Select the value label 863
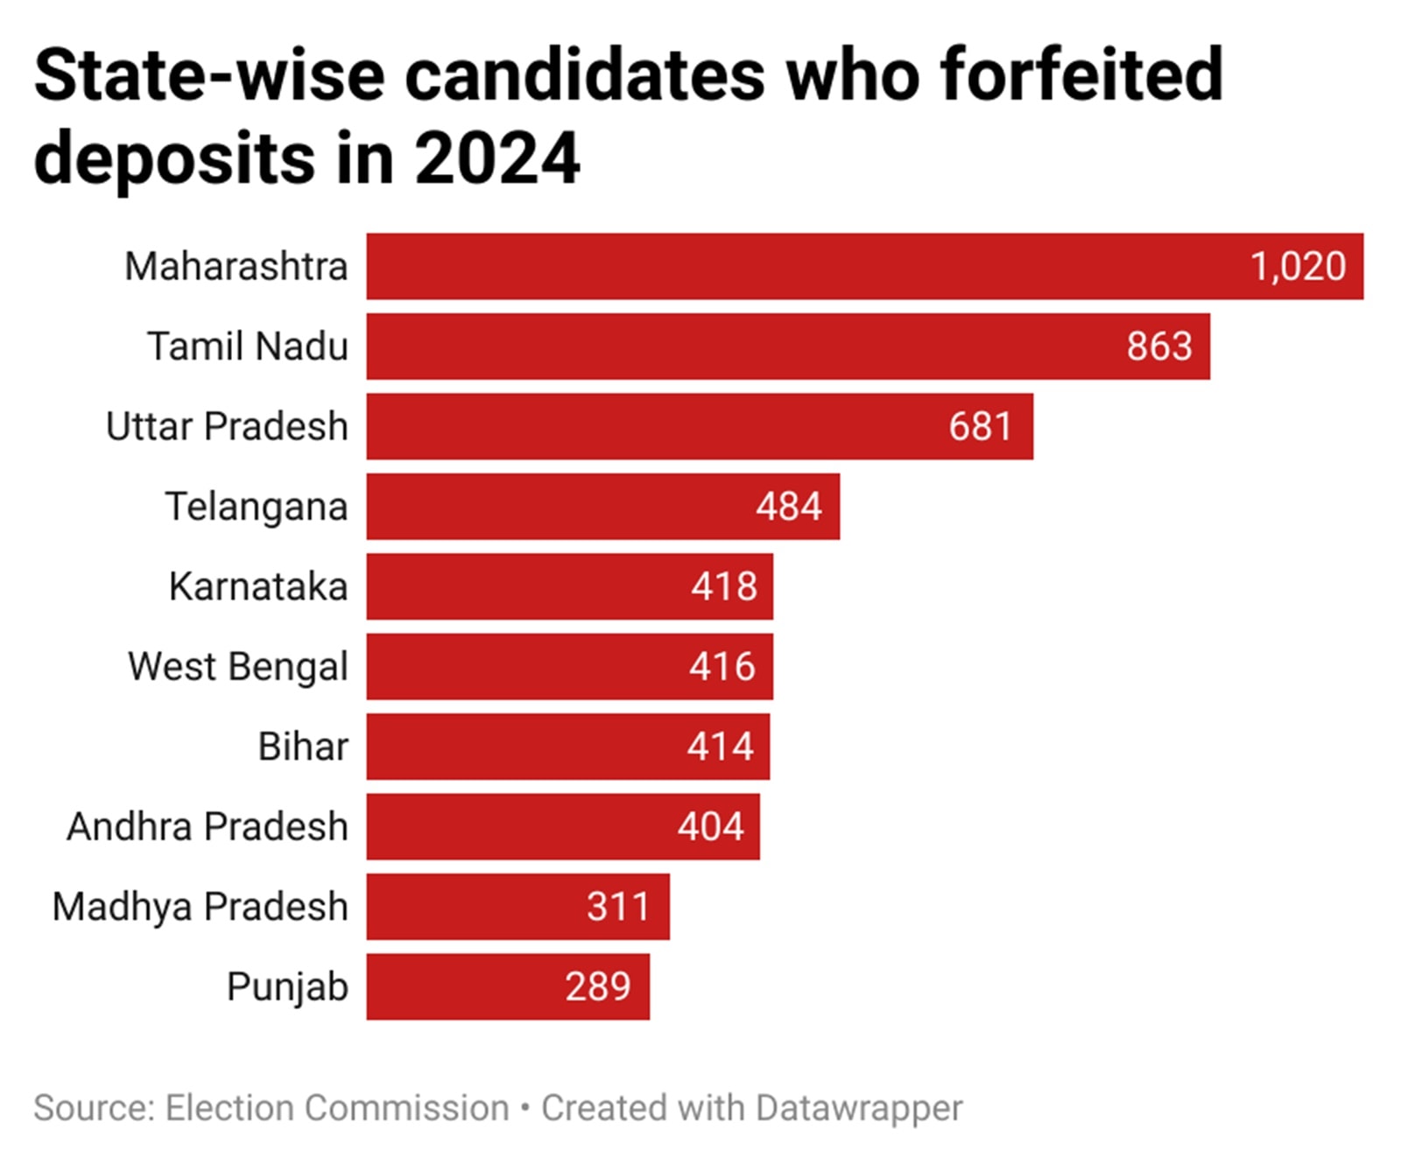pos(1158,347)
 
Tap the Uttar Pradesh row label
pos(227,427)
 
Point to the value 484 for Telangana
pos(788,507)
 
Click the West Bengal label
pos(237,667)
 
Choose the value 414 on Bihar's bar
pos(720,747)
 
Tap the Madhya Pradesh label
pos(200,907)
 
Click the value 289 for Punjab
pos(597,987)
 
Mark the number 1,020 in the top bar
pos(1297,267)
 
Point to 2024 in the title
pos(496,159)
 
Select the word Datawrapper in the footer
pos(858,1108)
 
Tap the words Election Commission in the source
pos(337,1108)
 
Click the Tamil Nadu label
pos(247,347)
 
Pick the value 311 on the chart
pos(618,907)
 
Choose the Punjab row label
pos(287,987)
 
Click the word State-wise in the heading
pos(209,76)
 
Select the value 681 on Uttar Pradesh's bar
pos(980,427)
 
